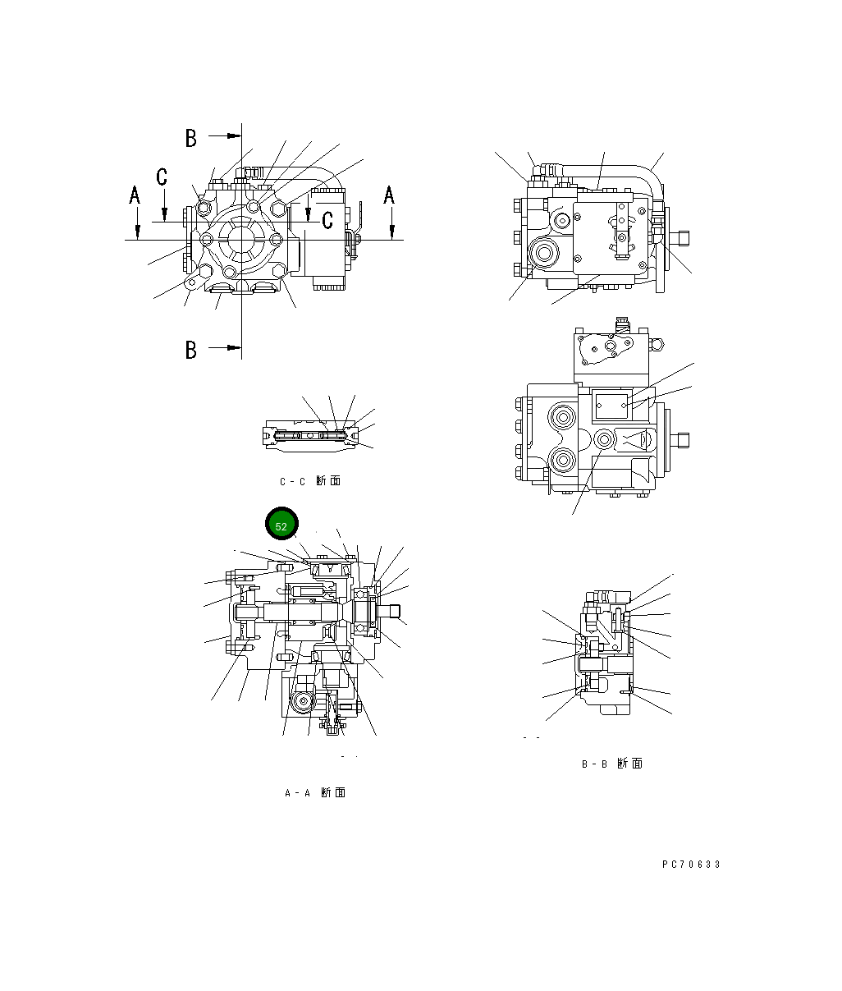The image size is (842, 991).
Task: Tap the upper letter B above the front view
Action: pyautogui.click(x=191, y=138)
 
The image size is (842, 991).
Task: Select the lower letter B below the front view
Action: pyautogui.click(x=191, y=350)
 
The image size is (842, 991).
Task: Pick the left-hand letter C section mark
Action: pyautogui.click(x=162, y=177)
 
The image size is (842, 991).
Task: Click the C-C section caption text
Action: pyautogui.click(x=309, y=481)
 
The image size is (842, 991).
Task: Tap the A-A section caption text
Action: pyautogui.click(x=314, y=792)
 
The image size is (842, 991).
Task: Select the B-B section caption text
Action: pyautogui.click(x=612, y=764)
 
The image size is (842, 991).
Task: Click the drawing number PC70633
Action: pyautogui.click(x=691, y=865)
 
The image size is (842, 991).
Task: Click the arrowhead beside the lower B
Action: pyautogui.click(x=235, y=347)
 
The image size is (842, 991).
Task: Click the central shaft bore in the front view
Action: pyautogui.click(x=241, y=240)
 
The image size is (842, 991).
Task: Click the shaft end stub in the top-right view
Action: pyautogui.click(x=680, y=239)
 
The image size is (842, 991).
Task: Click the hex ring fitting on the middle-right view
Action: pyautogui.click(x=605, y=440)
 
